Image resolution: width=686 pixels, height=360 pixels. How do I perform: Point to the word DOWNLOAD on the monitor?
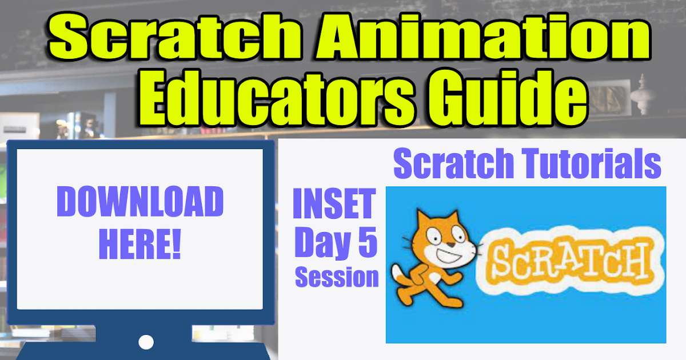click(140, 203)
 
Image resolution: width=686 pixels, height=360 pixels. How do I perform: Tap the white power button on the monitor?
click(146, 342)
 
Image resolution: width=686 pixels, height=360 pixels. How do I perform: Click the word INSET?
click(334, 206)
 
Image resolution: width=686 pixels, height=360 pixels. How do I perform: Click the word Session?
click(337, 278)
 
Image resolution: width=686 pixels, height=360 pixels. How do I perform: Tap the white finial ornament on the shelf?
click(644, 94)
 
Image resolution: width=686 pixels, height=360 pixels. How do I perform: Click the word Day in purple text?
click(320, 243)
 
